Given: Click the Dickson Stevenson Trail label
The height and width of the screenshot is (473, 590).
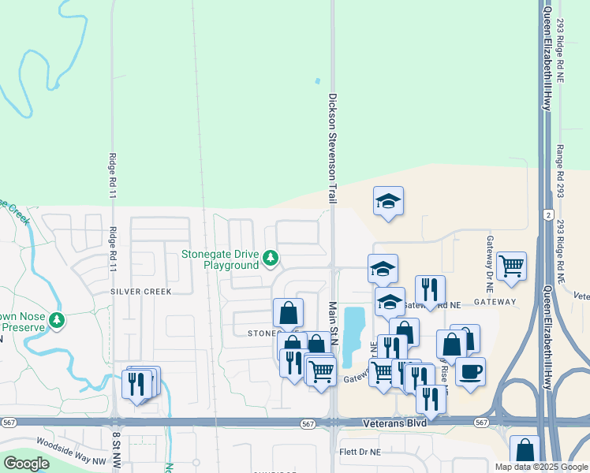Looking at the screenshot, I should pos(333,151).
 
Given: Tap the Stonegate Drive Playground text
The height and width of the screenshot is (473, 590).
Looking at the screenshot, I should pos(220,259).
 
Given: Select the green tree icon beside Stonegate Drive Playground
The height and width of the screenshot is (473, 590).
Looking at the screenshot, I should pos(271,258).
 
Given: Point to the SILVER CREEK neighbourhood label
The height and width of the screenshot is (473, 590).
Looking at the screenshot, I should pos(141,291).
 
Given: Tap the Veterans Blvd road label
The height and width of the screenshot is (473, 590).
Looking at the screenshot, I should pos(394,423).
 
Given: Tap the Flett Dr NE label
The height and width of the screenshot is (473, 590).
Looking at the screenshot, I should pos(360,453).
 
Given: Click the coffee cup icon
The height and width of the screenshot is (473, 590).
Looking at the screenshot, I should pos(470,371).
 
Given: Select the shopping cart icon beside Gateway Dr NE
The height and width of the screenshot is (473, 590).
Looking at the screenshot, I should pos(511,266).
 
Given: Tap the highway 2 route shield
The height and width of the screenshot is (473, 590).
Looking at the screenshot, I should pos(547,214).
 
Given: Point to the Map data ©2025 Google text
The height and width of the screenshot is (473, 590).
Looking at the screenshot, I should pos(539,467).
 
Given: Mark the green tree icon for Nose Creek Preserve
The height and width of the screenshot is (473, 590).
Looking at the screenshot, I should pos(56,320).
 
